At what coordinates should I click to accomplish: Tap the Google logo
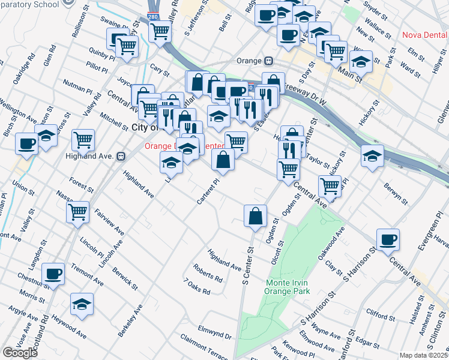click(20, 352)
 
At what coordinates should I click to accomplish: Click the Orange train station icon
click(269, 60)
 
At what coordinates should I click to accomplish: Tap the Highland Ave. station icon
click(121, 156)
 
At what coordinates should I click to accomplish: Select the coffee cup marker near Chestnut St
click(53, 274)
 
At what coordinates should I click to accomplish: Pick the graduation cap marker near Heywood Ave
click(82, 305)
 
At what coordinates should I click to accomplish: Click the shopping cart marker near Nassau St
click(78, 211)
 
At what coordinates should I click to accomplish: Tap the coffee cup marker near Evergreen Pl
click(388, 239)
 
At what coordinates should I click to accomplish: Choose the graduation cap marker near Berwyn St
click(372, 155)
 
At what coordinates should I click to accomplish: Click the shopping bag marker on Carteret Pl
click(223, 160)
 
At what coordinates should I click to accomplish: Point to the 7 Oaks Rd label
click(197, 287)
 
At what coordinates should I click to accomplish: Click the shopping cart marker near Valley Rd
click(83, 140)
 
